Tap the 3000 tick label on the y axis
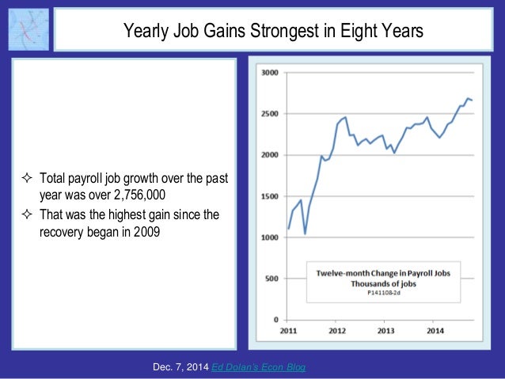(x=269, y=72)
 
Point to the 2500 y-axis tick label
(x=269, y=114)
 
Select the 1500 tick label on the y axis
(x=269, y=196)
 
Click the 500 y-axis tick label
(x=271, y=279)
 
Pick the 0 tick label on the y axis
(x=275, y=320)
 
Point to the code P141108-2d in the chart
(x=385, y=293)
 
